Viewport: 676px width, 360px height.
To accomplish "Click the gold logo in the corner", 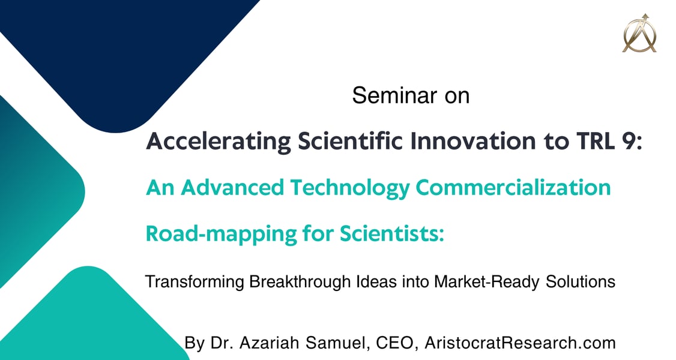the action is point(639,33).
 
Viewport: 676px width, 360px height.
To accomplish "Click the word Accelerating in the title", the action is point(219,142).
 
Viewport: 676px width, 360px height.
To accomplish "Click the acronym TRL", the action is point(595,140).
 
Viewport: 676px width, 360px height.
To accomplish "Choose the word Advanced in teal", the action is point(232,188).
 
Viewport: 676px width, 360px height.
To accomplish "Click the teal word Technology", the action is point(349,188).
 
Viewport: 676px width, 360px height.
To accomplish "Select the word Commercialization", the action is point(513,188).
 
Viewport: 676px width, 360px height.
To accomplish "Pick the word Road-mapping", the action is point(221,234).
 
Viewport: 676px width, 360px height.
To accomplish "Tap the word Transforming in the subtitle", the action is point(195,282).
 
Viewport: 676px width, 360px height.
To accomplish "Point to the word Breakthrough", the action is point(300,281).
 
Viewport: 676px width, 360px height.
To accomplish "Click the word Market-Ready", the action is point(487,282).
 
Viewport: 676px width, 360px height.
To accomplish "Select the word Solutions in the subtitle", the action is point(581,281).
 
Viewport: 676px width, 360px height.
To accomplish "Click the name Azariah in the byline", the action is point(269,343).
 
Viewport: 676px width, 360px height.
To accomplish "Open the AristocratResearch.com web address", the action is point(520,343).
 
